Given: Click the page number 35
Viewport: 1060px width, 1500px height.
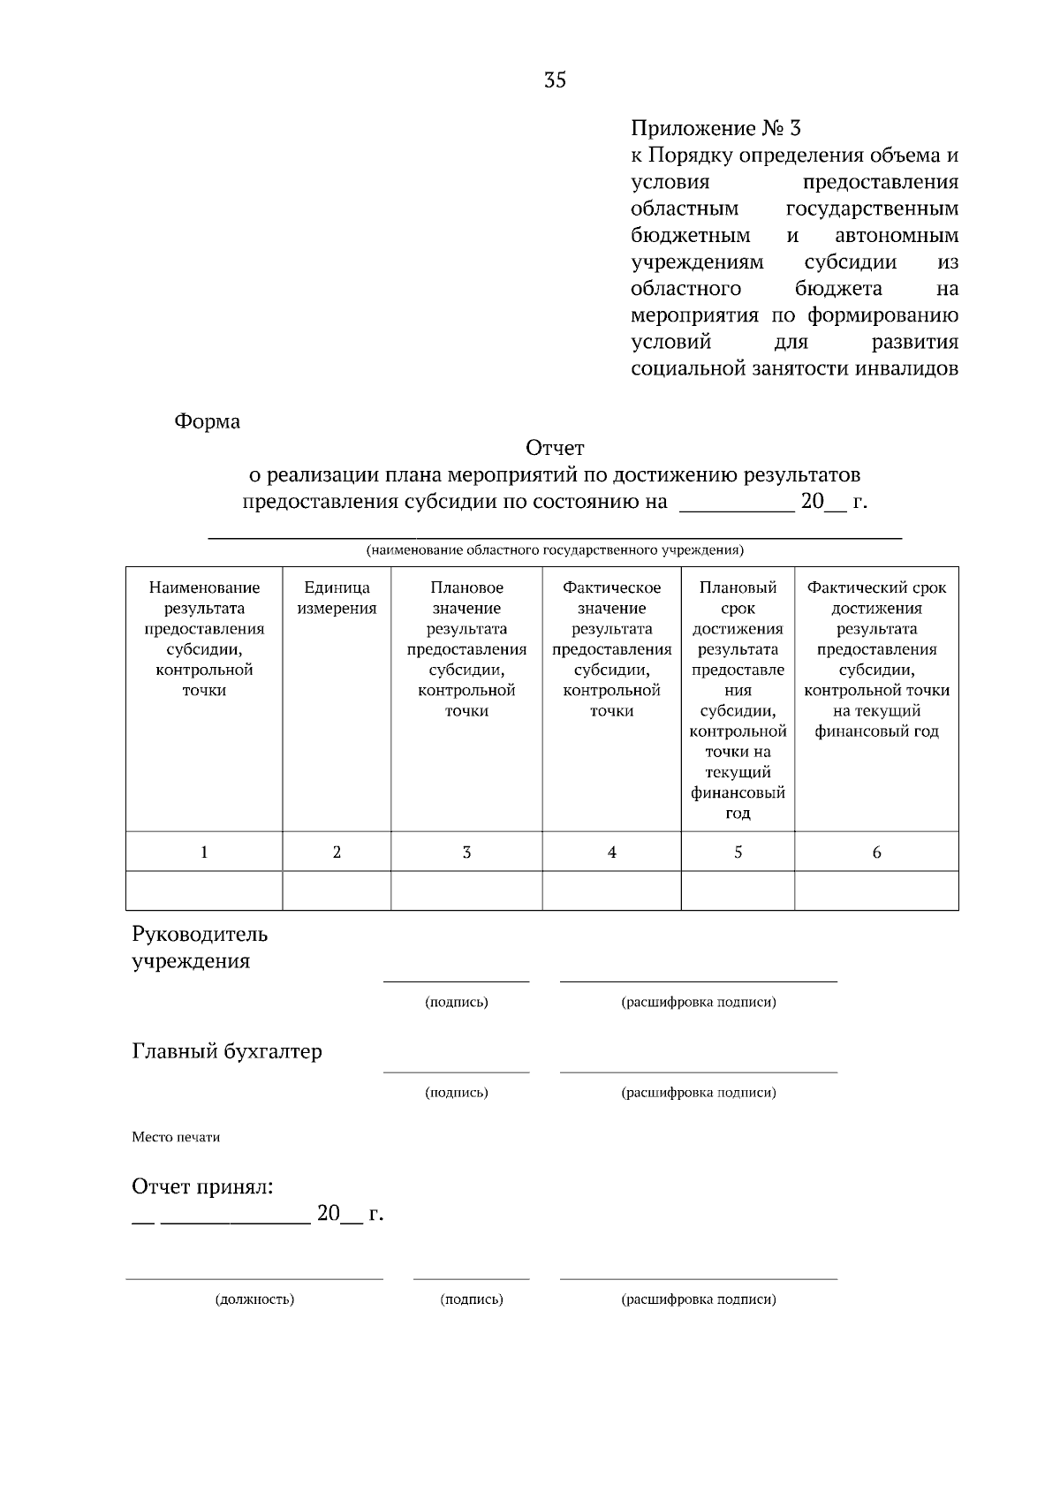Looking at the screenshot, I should coord(555,80).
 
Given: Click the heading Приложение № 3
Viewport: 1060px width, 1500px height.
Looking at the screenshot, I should coord(715,129).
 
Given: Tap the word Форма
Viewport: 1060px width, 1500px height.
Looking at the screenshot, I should coord(207,421).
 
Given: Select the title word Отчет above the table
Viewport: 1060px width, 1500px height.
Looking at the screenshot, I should coord(555,449).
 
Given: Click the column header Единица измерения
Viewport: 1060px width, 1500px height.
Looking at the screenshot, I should coord(337,598).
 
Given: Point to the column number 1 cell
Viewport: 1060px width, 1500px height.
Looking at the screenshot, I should coord(204,852).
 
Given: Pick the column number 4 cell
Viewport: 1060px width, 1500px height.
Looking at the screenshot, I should coord(611,852).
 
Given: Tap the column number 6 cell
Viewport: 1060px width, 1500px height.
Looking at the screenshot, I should coord(876,852).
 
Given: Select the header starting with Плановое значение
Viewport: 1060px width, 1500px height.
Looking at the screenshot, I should coord(466,649).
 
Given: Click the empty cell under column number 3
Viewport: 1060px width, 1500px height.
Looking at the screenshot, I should coord(466,890).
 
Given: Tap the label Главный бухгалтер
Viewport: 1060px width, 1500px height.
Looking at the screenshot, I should coord(227,1051).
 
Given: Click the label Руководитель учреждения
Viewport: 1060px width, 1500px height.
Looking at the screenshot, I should coord(200,947).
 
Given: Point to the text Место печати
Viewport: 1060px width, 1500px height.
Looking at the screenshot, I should coord(176,1137).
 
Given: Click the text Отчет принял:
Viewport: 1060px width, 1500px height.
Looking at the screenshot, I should coord(202,1186).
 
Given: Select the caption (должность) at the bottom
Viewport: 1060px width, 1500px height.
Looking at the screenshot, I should coord(254,1299).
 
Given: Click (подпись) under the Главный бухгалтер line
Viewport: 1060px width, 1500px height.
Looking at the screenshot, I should coord(456,1093).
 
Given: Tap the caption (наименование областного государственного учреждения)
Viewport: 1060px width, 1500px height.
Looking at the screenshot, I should coord(555,550).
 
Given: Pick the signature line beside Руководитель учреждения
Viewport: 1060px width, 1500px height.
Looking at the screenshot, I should coord(456,981).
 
